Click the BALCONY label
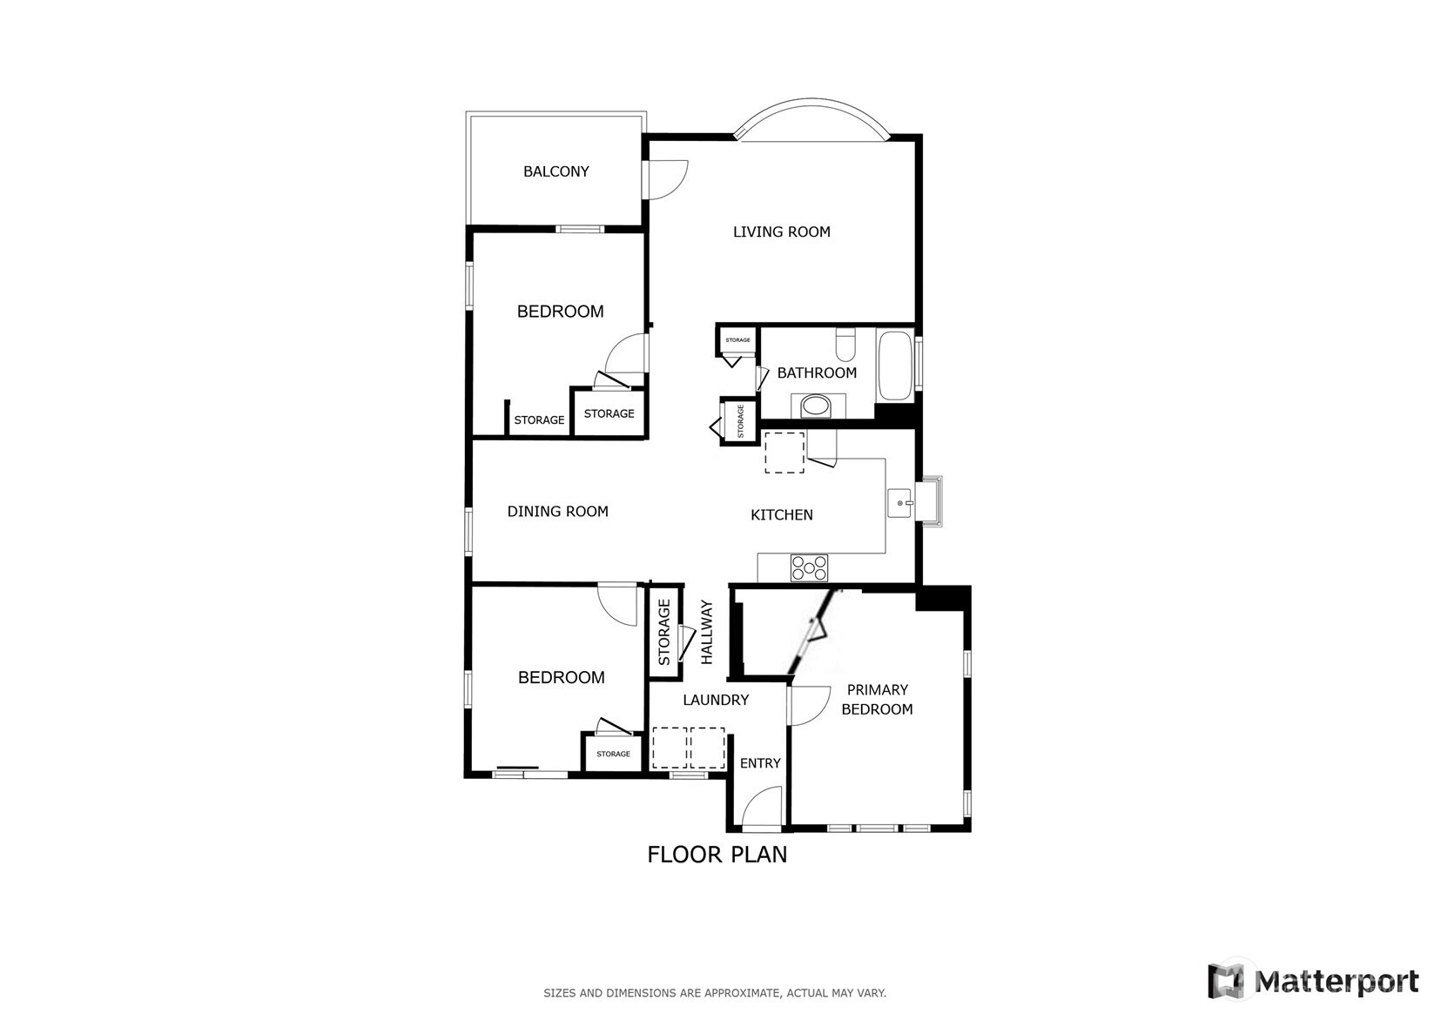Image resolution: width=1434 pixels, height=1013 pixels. tap(555, 171)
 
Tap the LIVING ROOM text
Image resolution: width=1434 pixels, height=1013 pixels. tap(781, 231)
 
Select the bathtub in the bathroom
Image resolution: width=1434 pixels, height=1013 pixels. tap(895, 366)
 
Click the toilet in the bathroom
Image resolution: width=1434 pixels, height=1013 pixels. tap(845, 345)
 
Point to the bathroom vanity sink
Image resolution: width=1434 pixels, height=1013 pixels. tap(817, 406)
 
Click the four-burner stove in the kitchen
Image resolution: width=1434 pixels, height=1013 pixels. tap(809, 568)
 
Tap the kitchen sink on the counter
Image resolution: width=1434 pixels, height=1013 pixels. tap(900, 503)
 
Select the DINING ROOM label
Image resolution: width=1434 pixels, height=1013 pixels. tap(557, 512)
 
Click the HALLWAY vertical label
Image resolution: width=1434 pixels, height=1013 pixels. tap(707, 633)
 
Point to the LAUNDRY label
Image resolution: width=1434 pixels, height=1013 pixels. tap(716, 700)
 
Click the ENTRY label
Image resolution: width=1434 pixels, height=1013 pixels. tap(760, 763)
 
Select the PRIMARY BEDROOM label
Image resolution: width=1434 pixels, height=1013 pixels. tap(877, 700)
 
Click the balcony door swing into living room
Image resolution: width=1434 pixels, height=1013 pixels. tap(666, 179)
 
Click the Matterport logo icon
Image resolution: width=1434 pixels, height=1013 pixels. tap(1226, 981)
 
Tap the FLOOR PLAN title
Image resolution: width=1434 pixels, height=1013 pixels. tap(717, 855)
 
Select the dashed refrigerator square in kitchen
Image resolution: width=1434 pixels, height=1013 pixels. tap(784, 453)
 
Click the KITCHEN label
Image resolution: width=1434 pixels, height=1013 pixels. tap(781, 515)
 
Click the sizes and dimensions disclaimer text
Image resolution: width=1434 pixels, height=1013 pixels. tap(715, 992)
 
